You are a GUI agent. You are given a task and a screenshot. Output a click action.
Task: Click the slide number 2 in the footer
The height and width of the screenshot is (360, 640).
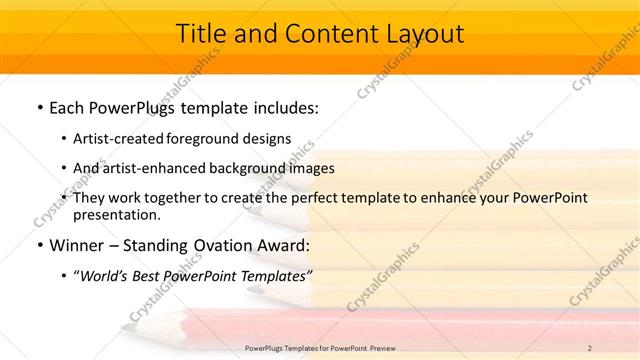tap(590, 347)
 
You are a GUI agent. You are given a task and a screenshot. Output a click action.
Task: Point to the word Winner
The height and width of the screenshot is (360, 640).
tap(76, 244)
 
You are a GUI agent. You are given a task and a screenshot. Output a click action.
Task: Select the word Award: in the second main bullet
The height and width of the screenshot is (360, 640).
tap(281, 244)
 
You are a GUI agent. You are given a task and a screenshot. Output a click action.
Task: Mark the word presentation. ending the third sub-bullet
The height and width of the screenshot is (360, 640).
tap(115, 214)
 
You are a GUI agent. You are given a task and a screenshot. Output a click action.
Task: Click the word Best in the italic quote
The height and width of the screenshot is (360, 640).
tap(156, 274)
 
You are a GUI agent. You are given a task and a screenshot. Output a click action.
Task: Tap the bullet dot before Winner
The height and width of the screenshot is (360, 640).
tap(39, 244)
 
